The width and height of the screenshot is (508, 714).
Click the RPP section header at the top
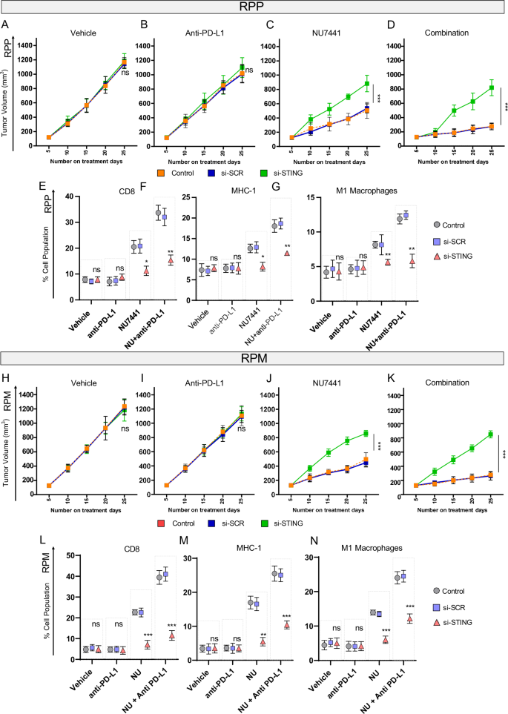click(x=254, y=8)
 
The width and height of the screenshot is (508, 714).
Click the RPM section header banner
click(x=254, y=358)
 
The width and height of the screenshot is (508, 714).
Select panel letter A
click(x=6, y=25)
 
